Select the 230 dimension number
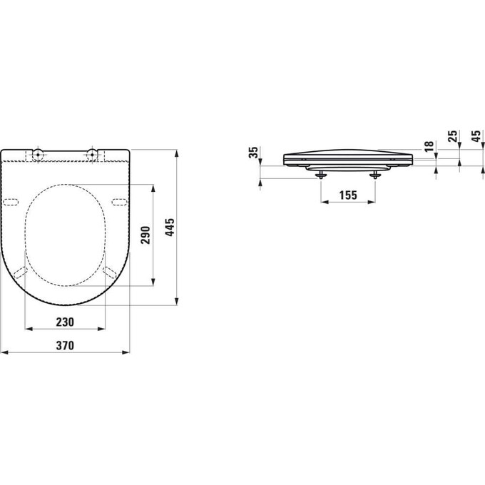click(65, 322)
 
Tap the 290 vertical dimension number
click(145, 235)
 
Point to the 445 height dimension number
click(170, 227)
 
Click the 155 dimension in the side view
click(348, 195)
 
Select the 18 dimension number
click(428, 146)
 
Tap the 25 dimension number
click(451, 137)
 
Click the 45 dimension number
click(476, 137)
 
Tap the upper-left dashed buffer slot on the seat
click(13, 202)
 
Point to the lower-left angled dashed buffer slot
click(21, 272)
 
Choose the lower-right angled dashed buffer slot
click(110, 272)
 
